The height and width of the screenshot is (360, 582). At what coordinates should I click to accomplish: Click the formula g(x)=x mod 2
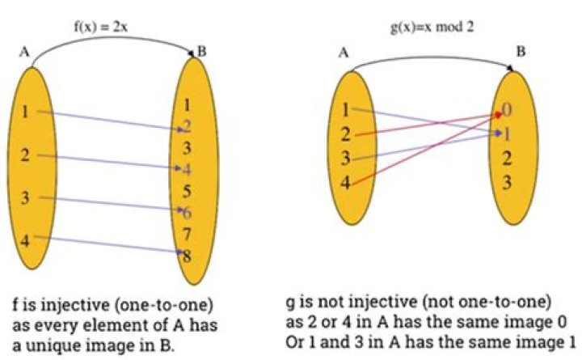coord(432,28)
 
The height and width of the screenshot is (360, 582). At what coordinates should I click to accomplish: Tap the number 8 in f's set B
coord(187,257)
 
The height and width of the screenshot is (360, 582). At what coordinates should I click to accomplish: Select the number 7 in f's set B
coord(188,235)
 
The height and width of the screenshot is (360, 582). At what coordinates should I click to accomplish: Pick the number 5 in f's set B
coord(188,192)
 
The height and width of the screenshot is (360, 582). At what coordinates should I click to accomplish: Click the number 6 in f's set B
coord(187,213)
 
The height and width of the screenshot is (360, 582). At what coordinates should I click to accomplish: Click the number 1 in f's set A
coord(26,113)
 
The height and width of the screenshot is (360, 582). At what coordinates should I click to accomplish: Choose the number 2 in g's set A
coord(345,134)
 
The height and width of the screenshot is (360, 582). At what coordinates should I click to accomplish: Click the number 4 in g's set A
coord(345,183)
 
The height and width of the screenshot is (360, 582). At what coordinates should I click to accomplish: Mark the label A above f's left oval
coord(25,55)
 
